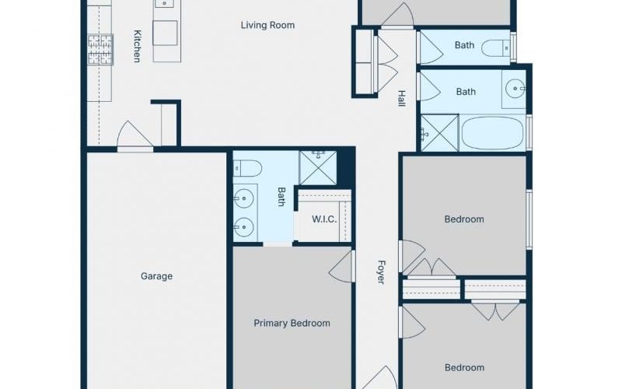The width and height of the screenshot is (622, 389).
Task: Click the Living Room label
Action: point(267,26)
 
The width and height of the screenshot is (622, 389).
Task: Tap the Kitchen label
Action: point(137,46)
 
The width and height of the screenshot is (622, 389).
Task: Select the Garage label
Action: point(157,276)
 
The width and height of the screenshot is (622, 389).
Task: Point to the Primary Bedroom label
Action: point(292,323)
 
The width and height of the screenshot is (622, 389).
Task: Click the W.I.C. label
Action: point(324,219)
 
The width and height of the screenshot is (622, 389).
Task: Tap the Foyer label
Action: point(381,272)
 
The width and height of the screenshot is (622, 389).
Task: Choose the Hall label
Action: point(401,99)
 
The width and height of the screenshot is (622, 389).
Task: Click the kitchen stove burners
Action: point(100,50)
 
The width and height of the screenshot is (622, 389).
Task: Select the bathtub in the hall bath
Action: point(492,133)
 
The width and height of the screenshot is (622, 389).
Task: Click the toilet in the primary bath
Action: point(247,168)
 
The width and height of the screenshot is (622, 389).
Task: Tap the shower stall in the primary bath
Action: point(318,167)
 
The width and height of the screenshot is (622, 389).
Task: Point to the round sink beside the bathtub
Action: point(515,89)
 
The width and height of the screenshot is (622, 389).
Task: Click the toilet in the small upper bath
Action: point(496,49)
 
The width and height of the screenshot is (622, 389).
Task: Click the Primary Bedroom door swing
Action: point(342,266)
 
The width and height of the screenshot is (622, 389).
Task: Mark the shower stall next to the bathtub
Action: point(440,133)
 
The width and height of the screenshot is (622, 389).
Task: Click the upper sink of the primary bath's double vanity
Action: point(243,198)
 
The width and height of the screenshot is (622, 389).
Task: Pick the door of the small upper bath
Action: point(430,47)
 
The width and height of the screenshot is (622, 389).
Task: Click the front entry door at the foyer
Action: point(380,378)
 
